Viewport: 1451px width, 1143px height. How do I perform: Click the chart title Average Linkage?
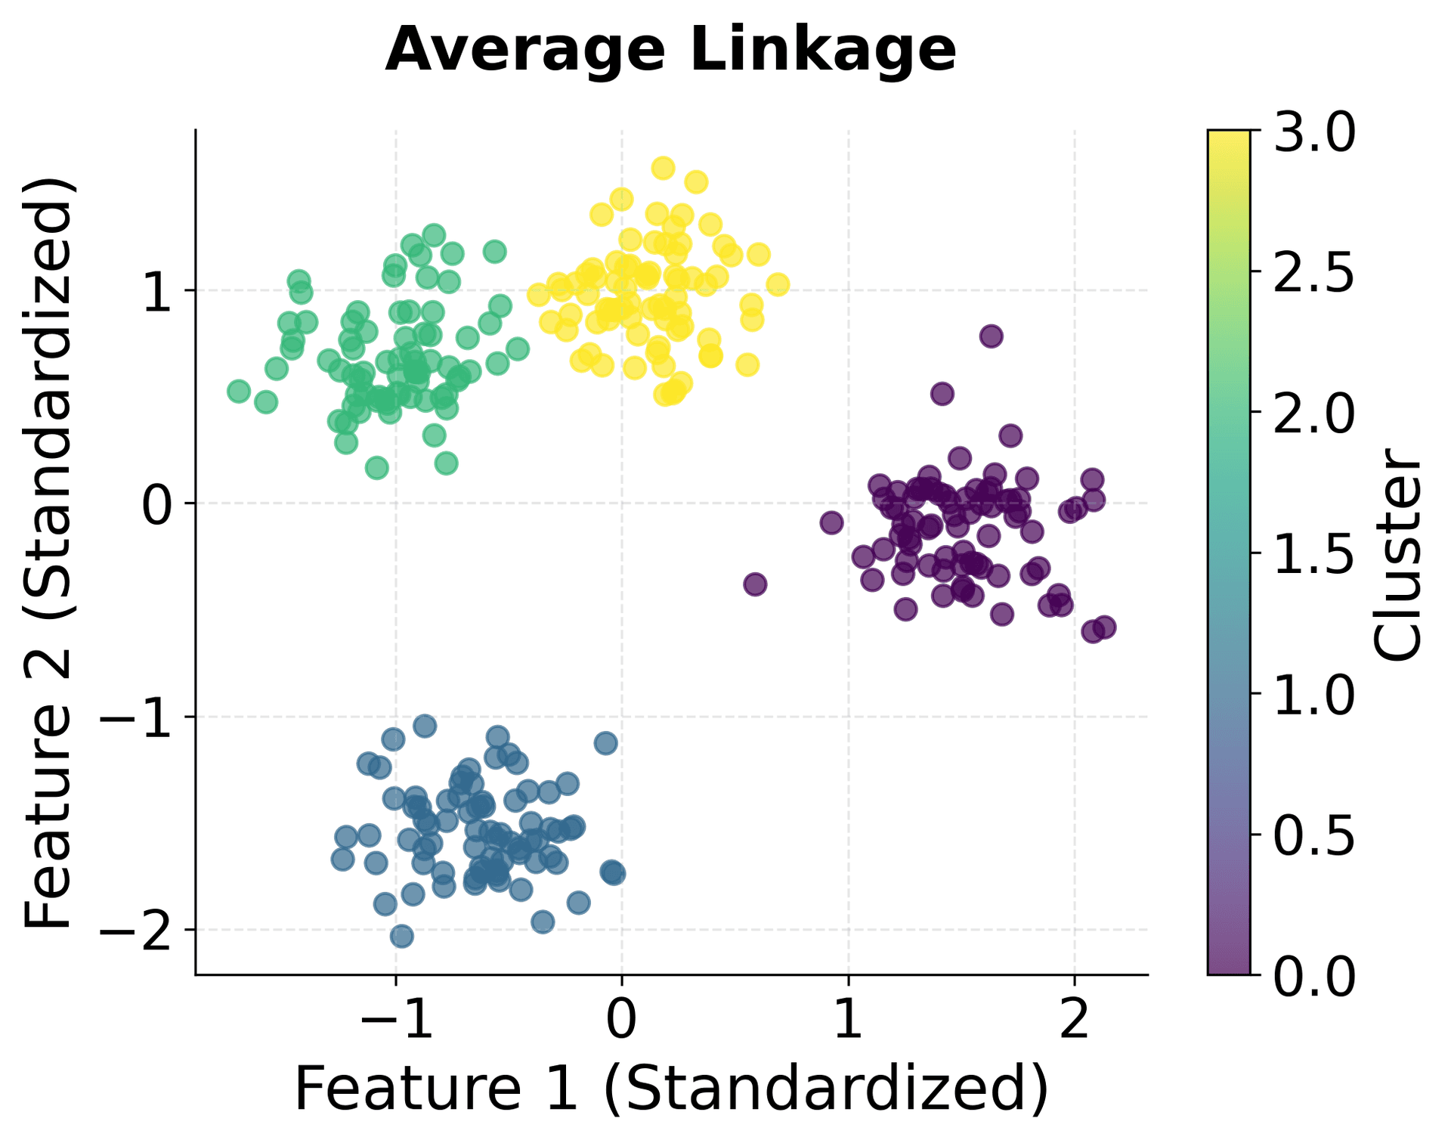click(670, 51)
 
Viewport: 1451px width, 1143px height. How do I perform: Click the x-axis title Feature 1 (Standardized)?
click(670, 1089)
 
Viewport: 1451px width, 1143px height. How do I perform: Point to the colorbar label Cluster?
click(1397, 554)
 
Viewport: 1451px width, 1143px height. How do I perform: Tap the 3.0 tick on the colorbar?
click(1314, 132)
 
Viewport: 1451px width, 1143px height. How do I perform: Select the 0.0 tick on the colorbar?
click(1314, 976)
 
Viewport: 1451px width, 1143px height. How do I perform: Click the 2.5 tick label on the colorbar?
click(1314, 272)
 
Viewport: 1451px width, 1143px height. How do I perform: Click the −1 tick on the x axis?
click(396, 1018)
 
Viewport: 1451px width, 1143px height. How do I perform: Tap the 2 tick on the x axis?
click(1074, 1018)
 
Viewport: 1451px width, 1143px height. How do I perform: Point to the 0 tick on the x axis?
click(621, 1018)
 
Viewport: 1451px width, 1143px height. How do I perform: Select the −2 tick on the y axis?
click(137, 931)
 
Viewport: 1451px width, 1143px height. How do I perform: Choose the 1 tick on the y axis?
click(157, 291)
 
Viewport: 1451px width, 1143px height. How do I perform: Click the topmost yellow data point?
click(663, 168)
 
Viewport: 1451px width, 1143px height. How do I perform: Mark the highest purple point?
click(991, 336)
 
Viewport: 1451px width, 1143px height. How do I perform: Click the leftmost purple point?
click(755, 584)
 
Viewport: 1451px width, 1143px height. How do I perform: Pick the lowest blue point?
click(402, 937)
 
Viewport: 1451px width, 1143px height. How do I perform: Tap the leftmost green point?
click(239, 391)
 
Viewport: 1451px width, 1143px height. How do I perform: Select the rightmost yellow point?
click(778, 285)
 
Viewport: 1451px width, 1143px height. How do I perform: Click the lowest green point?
click(376, 468)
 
